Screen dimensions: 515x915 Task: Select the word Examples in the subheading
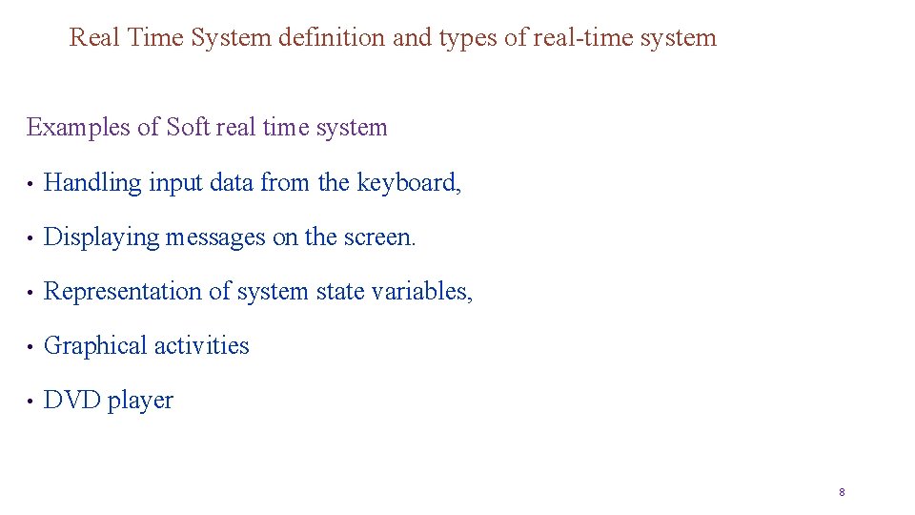coord(80,128)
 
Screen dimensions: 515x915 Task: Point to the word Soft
coord(188,128)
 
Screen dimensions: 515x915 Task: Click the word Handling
coord(92,183)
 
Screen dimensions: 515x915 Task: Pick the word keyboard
coord(408,183)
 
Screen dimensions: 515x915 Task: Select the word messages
coord(216,237)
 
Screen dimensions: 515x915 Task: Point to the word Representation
coord(123,292)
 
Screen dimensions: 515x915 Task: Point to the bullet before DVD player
coord(31,402)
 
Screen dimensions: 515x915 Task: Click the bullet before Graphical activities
coord(31,347)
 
